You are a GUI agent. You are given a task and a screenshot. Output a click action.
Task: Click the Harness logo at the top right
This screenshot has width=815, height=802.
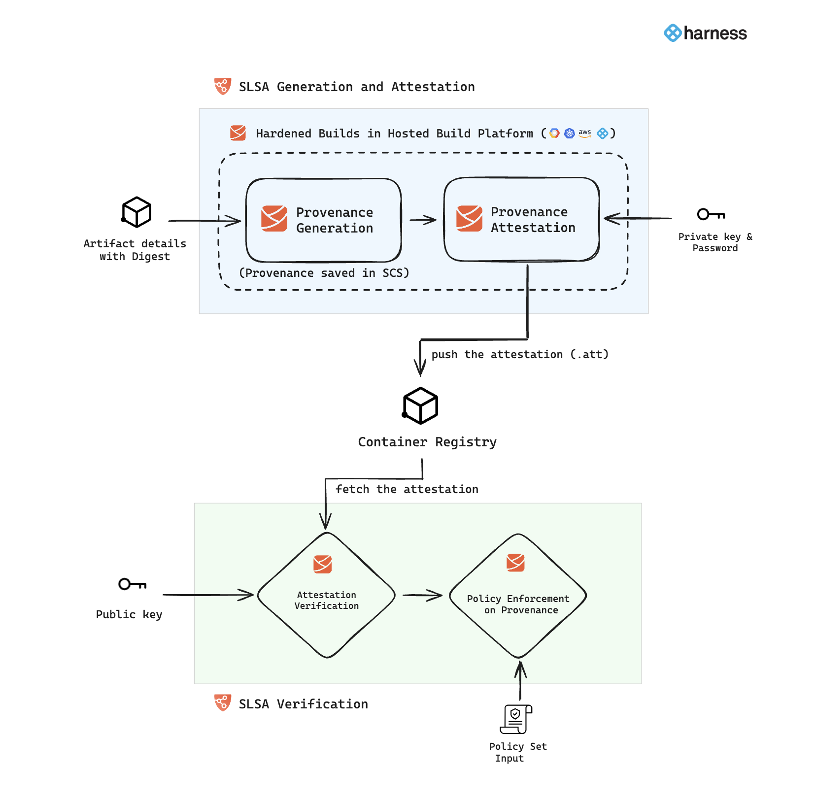tap(705, 33)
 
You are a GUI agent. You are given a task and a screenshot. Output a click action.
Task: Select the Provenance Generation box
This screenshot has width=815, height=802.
tap(324, 220)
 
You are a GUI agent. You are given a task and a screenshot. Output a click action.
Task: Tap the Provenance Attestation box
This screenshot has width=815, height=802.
tap(521, 219)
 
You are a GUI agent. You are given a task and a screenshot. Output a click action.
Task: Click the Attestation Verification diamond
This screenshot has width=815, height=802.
tap(326, 595)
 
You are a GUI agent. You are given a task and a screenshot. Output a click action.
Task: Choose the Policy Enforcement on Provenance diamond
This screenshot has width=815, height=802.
tap(518, 596)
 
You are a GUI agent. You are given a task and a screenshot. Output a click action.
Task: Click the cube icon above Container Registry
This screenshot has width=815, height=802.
tap(420, 406)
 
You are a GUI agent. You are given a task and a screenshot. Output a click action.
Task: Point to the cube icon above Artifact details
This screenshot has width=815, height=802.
tap(136, 212)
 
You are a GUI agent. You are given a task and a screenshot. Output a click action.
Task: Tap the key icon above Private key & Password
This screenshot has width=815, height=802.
tap(711, 214)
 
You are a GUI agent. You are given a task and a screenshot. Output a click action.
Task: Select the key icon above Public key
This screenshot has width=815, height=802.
tap(132, 584)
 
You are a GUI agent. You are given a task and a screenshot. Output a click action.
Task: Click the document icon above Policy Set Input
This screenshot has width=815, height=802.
tap(516, 719)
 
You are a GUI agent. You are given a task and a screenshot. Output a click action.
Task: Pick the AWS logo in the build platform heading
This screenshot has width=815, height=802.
tap(585, 133)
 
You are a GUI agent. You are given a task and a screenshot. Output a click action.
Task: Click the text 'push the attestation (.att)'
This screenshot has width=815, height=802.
tap(520, 355)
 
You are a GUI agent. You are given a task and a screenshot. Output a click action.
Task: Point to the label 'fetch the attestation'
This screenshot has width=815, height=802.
tap(407, 489)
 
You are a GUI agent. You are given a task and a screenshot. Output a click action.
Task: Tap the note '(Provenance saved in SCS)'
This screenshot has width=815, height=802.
tap(324, 273)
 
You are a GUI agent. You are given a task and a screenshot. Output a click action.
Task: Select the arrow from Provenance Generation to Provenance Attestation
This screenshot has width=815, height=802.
tap(423, 220)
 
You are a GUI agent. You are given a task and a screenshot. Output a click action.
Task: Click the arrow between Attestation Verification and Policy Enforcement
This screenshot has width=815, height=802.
tap(422, 595)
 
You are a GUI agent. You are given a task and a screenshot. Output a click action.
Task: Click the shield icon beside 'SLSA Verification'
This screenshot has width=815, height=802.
tap(223, 702)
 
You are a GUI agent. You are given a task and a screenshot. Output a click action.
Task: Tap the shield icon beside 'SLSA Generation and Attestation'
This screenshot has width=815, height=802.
tap(223, 86)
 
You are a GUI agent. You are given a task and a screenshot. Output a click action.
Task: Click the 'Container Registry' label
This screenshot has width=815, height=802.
tap(427, 442)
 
